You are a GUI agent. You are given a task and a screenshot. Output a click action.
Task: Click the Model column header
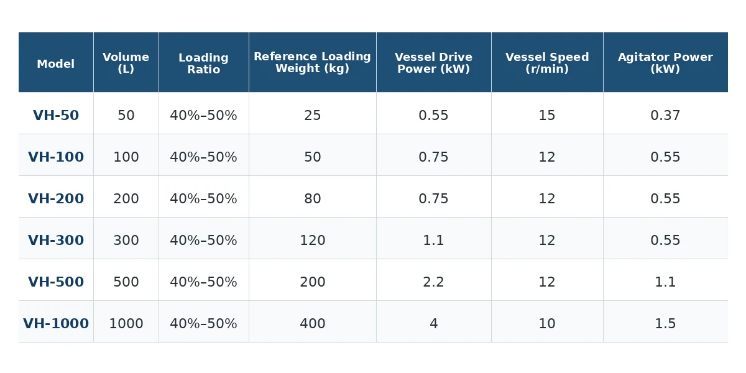(55, 63)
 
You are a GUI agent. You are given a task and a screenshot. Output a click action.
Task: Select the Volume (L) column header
(126, 63)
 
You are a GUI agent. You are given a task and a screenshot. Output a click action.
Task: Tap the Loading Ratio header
(203, 63)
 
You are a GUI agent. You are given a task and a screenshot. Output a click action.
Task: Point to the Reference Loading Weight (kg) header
(312, 62)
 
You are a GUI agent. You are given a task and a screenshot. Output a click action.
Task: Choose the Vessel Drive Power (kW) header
(434, 63)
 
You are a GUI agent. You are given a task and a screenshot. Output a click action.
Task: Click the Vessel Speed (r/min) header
(547, 63)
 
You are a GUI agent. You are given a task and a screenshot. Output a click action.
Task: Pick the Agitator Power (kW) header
(665, 63)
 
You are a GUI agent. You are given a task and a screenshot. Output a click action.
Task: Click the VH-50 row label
(56, 115)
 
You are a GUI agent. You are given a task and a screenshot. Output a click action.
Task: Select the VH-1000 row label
(56, 323)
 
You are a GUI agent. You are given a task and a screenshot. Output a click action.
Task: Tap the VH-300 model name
(56, 240)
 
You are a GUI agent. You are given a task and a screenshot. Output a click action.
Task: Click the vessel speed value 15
(547, 115)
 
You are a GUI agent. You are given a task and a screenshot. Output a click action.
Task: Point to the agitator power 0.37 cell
(665, 115)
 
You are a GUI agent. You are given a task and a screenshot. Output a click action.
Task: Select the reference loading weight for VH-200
(312, 198)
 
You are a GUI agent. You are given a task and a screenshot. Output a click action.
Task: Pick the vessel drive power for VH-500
(434, 282)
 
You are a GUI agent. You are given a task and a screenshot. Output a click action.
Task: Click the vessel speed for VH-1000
(547, 323)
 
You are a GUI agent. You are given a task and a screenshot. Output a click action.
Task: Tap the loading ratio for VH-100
(203, 157)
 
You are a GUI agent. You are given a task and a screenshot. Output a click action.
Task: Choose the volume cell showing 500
(126, 282)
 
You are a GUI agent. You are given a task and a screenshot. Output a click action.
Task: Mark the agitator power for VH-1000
(665, 323)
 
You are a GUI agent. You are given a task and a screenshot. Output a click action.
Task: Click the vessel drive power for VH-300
(434, 240)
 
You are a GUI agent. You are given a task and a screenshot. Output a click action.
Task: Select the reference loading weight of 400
(312, 323)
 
